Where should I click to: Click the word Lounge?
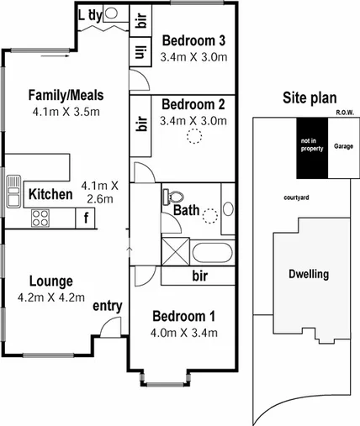[51, 281]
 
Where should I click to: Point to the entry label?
[107, 306]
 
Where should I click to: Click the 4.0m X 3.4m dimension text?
[184, 333]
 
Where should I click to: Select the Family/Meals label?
[65, 94]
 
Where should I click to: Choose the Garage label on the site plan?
[343, 145]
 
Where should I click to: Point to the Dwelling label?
[308, 274]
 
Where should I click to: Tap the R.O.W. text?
[343, 112]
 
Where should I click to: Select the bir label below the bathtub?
[200, 276]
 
